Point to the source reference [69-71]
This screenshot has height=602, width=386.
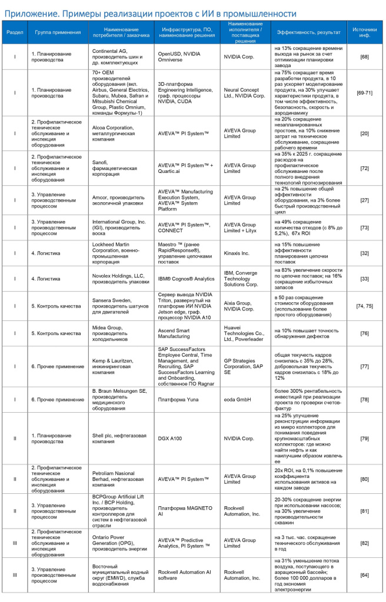(x=364, y=93)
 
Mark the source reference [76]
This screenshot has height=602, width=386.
(x=364, y=333)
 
